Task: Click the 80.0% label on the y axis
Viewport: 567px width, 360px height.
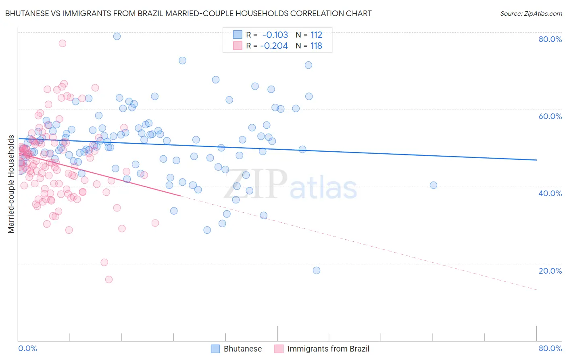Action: point(550,39)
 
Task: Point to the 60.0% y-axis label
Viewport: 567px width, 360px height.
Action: point(550,116)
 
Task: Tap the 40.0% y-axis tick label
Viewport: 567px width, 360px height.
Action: point(550,193)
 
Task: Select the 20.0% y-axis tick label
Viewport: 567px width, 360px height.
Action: point(550,271)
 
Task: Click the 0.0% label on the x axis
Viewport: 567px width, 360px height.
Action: point(27,348)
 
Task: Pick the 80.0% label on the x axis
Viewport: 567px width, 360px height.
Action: point(550,348)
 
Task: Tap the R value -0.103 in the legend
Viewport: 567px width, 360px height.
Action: point(275,35)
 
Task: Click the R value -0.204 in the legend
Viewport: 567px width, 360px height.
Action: point(274,46)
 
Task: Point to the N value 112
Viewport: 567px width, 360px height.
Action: point(316,35)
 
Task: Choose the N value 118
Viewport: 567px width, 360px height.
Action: point(316,46)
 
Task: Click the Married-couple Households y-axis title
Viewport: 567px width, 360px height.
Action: point(11,184)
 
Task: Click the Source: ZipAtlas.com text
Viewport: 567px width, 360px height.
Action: point(531,14)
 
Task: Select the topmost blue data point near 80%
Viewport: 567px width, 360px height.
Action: point(117,36)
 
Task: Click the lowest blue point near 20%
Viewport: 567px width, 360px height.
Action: point(317,270)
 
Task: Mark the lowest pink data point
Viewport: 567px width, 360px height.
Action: point(108,279)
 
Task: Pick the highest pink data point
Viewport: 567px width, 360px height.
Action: point(63,43)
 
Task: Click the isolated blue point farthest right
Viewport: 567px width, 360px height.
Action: point(434,185)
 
